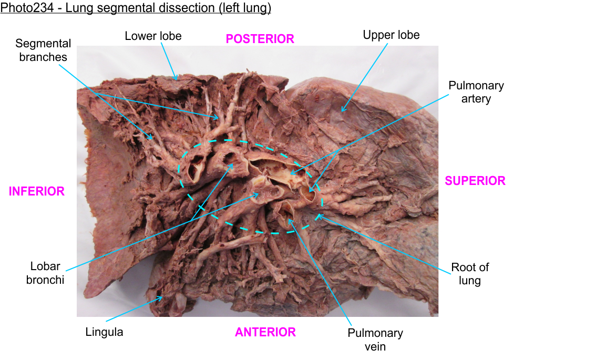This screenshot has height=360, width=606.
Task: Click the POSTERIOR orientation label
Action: coord(260,38)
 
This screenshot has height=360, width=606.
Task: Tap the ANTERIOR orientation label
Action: coord(265,332)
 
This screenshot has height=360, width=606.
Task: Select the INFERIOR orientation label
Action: coord(36,191)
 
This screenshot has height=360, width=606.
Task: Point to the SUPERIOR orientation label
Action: coord(475,181)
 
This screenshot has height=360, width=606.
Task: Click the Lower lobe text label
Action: coord(153,36)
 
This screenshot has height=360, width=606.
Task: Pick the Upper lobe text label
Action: coord(391,35)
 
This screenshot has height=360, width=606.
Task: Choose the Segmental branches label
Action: coord(43,50)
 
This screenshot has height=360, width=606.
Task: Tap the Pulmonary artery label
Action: coord(476,91)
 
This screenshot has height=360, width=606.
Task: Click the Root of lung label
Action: coord(466,274)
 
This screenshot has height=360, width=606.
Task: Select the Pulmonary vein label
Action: coord(375,340)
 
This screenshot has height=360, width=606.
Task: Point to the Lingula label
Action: coord(104,332)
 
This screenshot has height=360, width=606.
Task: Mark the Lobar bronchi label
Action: coord(45,273)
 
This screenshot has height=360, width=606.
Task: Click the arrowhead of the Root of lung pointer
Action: coord(316,215)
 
